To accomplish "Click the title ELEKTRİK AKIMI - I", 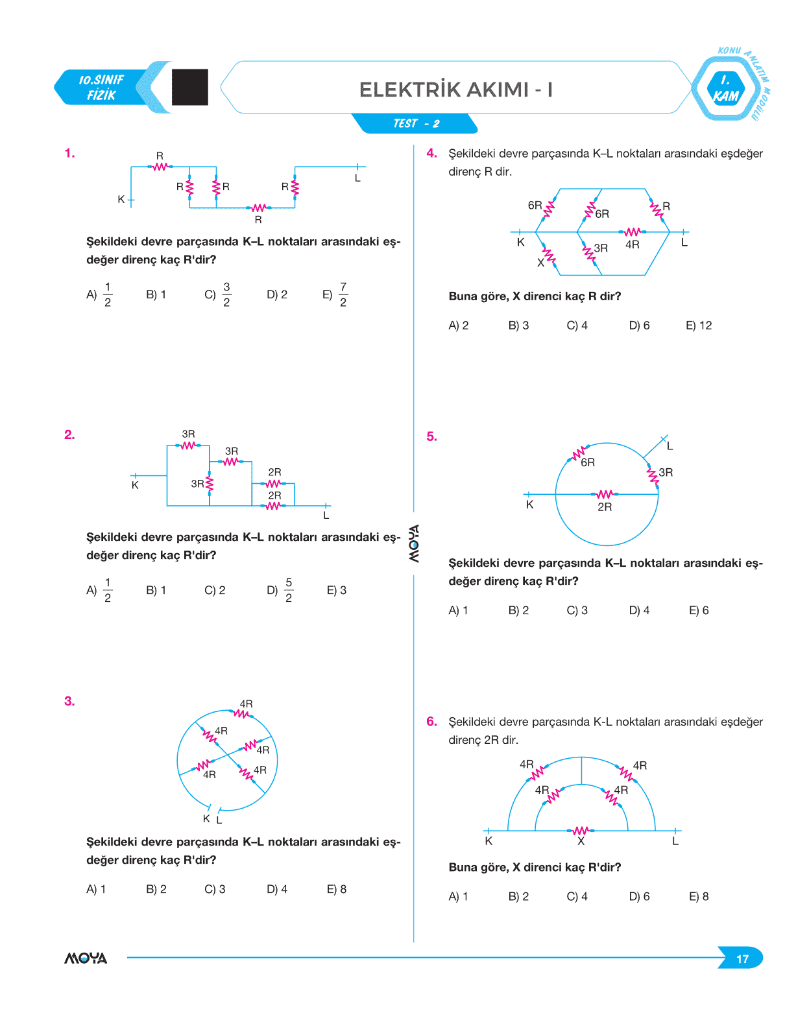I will [455, 89].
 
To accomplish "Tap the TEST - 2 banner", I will [416, 123].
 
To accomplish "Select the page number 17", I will [742, 958].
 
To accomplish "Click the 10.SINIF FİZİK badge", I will [101, 88].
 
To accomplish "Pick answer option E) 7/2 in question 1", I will [335, 294].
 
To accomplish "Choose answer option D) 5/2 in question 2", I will [280, 590].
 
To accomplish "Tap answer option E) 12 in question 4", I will [699, 326].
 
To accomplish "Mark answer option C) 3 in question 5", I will [577, 610].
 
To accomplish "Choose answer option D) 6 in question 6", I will [639, 896].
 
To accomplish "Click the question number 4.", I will [431, 154].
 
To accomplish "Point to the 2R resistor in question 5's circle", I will [604, 494].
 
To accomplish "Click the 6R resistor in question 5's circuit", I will [579, 453].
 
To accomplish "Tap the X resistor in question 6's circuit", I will [581, 831].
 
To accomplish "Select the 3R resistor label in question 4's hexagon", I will [601, 248].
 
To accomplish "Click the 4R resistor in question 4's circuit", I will [633, 232].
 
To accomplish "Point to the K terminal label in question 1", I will [121, 200].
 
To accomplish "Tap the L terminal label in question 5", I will [670, 446].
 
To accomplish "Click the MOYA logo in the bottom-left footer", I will [86, 958].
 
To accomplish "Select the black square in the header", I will [190, 87].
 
